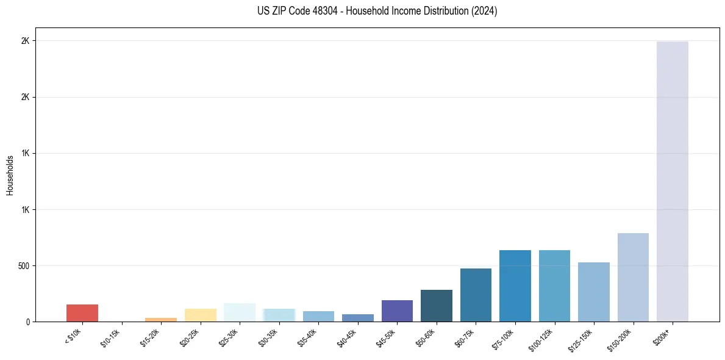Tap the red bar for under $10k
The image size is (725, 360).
[x=82, y=313]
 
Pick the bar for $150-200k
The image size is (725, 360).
[x=633, y=277]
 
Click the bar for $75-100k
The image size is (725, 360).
[x=515, y=286]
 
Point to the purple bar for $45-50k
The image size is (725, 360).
[x=397, y=311]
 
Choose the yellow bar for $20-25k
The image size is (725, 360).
[x=200, y=315]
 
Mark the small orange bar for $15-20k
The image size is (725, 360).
[x=161, y=319]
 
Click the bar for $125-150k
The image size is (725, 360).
[x=593, y=292]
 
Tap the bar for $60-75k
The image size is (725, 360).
[x=476, y=295]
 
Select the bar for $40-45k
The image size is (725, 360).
[x=357, y=318]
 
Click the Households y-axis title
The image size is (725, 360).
[x=10, y=175]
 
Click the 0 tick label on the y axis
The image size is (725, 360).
[x=27, y=322]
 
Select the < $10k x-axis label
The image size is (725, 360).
[x=73, y=336]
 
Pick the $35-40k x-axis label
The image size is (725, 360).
[x=307, y=337]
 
